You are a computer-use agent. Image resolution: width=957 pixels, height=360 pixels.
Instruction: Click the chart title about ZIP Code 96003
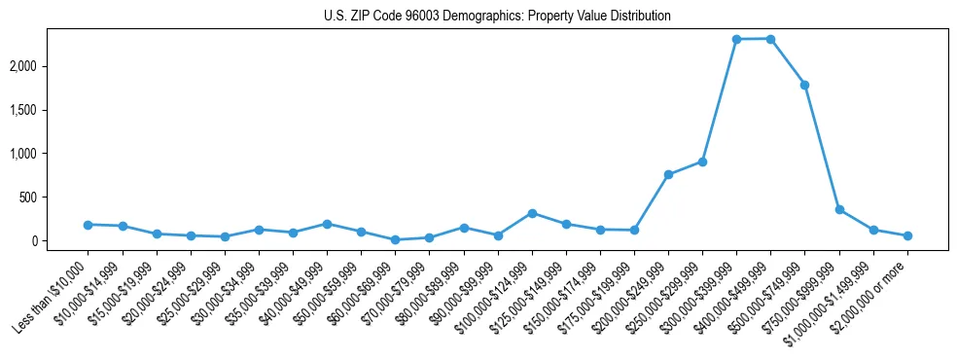click(497, 17)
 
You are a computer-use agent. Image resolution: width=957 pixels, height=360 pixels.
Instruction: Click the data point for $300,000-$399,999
click(736, 39)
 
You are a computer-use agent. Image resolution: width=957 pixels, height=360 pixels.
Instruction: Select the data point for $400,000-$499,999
click(770, 39)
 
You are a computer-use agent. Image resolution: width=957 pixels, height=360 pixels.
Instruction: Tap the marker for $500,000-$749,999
click(804, 85)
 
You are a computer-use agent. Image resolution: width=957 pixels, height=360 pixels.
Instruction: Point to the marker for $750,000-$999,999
click(839, 209)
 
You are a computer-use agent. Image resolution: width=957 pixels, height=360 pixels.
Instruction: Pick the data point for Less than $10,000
click(88, 225)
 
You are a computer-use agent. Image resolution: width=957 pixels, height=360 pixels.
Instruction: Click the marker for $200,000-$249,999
click(668, 174)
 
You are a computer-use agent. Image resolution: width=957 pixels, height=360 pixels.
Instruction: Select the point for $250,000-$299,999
click(702, 162)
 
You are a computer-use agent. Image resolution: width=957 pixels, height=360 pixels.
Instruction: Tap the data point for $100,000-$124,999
click(532, 213)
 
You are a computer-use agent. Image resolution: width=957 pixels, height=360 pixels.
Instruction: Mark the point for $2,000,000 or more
click(907, 235)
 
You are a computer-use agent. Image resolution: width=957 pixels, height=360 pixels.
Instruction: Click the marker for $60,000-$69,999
click(395, 239)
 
